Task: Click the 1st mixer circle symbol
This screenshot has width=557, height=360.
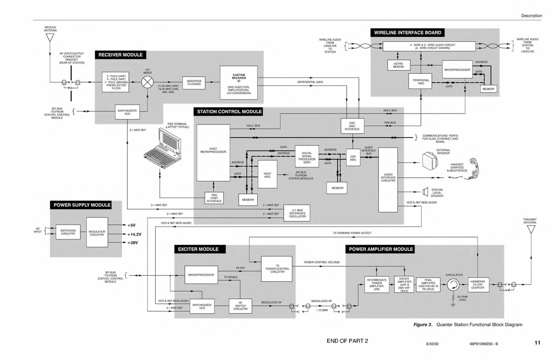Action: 148,83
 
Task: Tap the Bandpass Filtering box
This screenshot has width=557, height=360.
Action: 194,83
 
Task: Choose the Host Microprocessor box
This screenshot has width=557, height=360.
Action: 213,152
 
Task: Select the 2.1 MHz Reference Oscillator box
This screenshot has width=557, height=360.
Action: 297,213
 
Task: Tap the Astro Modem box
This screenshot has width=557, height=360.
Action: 398,66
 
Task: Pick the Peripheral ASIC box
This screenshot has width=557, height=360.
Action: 421,82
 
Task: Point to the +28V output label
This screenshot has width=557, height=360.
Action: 133,243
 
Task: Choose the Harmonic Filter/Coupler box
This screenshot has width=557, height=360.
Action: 478,284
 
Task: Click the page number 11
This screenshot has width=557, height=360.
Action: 537,343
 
